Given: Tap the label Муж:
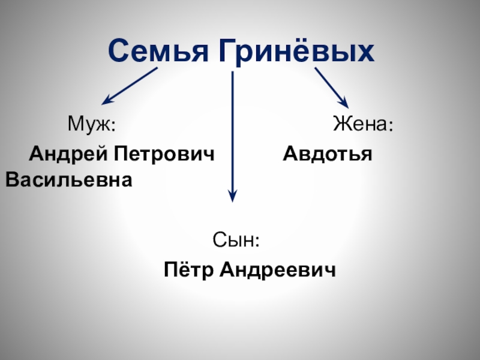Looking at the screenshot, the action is coord(91,125).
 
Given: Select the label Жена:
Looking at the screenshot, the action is coord(364,125).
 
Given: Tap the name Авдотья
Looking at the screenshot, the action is coord(328,154).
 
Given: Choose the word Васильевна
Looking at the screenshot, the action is coord(68,179).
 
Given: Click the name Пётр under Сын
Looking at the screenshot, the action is coord(187,271).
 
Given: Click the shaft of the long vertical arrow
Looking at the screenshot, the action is coord(233,132).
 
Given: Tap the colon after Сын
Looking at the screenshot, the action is coord(257,242).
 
